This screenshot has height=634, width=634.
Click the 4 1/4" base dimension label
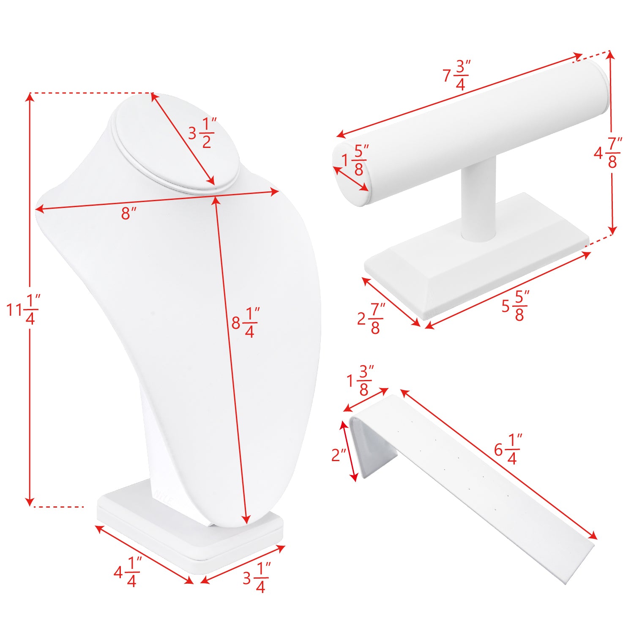127,572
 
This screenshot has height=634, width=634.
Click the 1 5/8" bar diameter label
355,160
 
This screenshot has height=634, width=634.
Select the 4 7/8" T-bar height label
608,152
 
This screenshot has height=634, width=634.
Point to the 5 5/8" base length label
516,306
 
